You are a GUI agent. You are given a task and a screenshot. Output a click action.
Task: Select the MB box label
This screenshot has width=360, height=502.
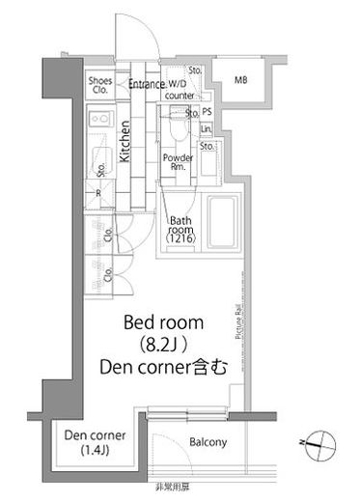pyautogui.click(x=241, y=81)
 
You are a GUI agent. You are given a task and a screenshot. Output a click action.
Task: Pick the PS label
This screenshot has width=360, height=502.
pyautogui.click(x=207, y=112)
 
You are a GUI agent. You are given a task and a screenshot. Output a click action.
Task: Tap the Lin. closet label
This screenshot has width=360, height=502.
pyautogui.click(x=207, y=128)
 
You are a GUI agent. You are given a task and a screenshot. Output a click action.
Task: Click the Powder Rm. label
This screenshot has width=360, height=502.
pyautogui.click(x=177, y=162)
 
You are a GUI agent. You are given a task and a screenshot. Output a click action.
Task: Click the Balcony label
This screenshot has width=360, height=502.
pyautogui.click(x=207, y=443)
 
